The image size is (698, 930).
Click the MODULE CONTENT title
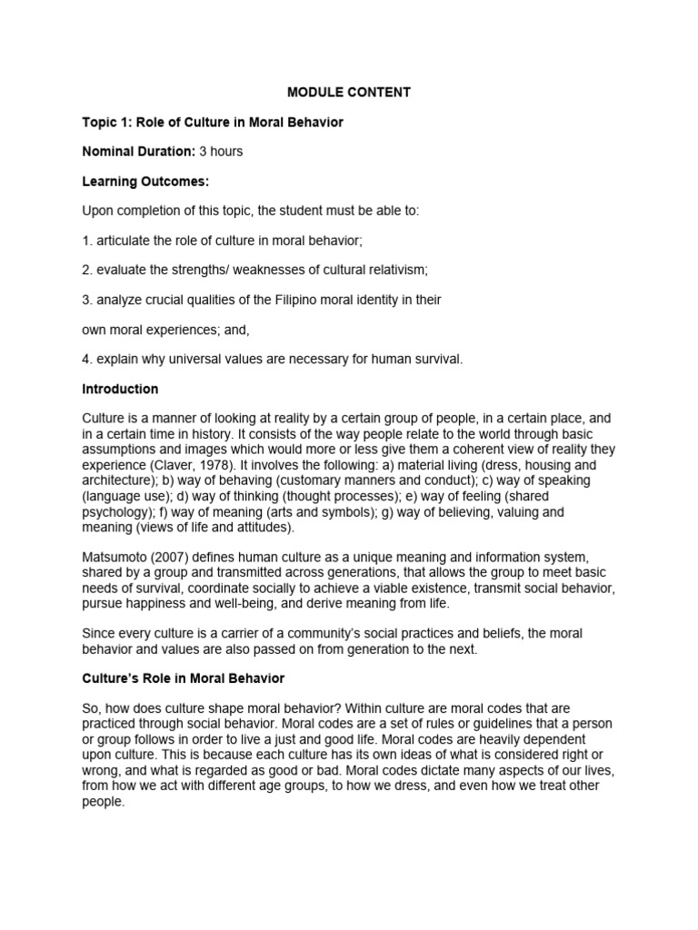pos(349,92)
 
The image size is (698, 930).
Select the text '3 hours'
pos(221,151)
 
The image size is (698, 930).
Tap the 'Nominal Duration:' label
pos(138,151)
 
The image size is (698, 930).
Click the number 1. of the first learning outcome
pos(87,241)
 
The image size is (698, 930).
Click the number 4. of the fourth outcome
pos(87,359)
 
